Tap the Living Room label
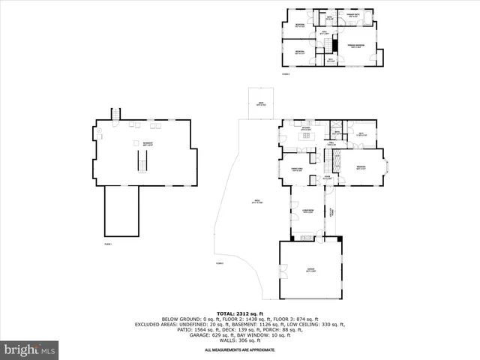pos(307,211)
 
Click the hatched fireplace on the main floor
pos(337,160)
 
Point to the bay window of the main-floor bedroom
pos(386,166)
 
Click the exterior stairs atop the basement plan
pos(115,113)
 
